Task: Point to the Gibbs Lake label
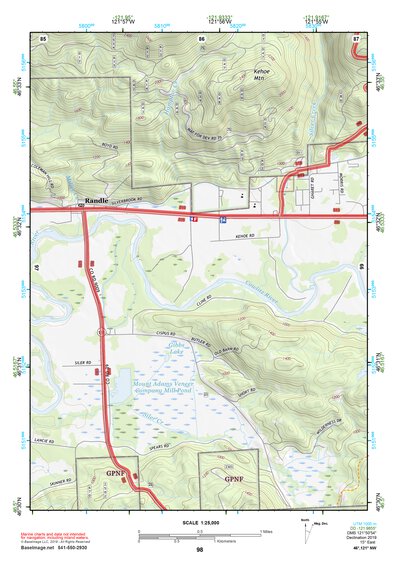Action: pos(164,352)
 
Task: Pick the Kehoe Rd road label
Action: pos(232,236)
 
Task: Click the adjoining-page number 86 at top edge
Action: pos(202,38)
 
